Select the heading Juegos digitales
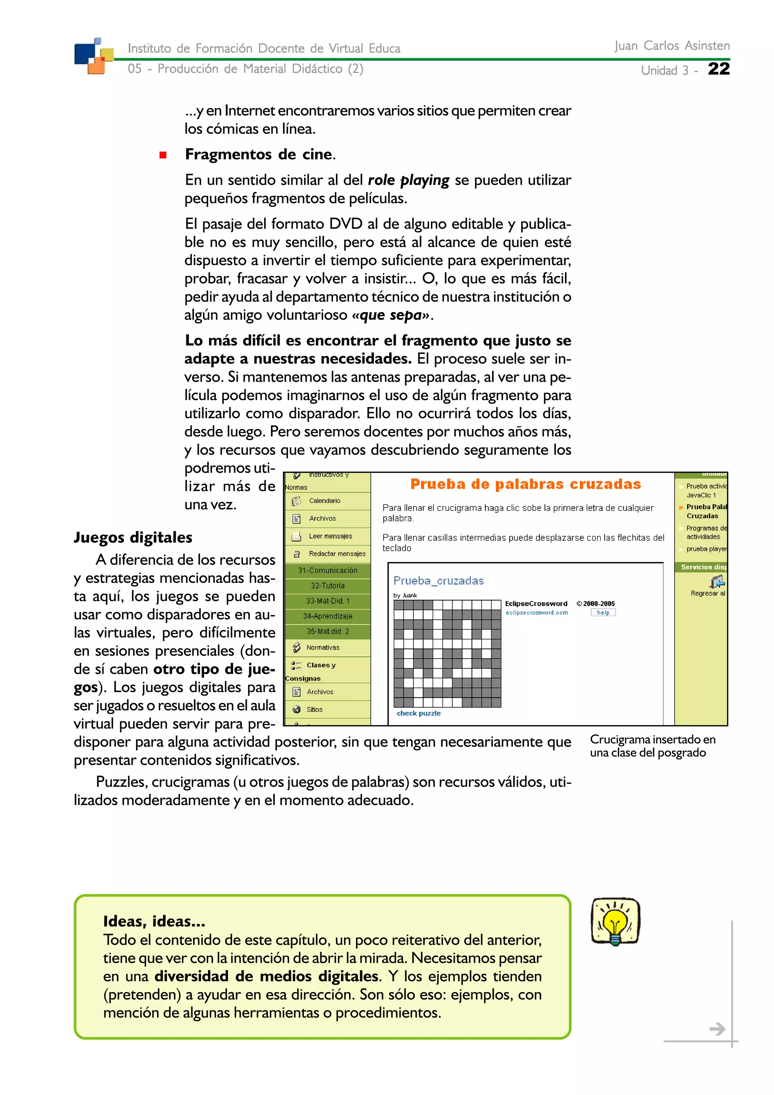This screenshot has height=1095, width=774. pyautogui.click(x=133, y=537)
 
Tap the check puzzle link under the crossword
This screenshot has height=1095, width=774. pyautogui.click(x=418, y=713)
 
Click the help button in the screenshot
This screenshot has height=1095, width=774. pyautogui.click(x=603, y=612)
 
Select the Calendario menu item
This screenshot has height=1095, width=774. pyautogui.click(x=324, y=501)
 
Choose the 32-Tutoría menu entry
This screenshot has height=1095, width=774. pyautogui.click(x=328, y=586)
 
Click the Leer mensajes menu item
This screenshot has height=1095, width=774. pyautogui.click(x=330, y=536)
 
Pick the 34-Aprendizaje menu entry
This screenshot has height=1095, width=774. pyautogui.click(x=328, y=616)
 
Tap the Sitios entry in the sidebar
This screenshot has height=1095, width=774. pyautogui.click(x=314, y=709)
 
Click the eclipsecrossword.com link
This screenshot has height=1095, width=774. pyautogui.click(x=537, y=612)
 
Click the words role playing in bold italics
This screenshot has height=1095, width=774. pyautogui.click(x=408, y=180)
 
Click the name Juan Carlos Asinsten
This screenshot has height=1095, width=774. pyautogui.click(x=672, y=46)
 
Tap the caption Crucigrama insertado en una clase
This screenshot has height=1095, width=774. pyautogui.click(x=652, y=746)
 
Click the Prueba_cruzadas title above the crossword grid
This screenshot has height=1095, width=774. pyautogui.click(x=438, y=580)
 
